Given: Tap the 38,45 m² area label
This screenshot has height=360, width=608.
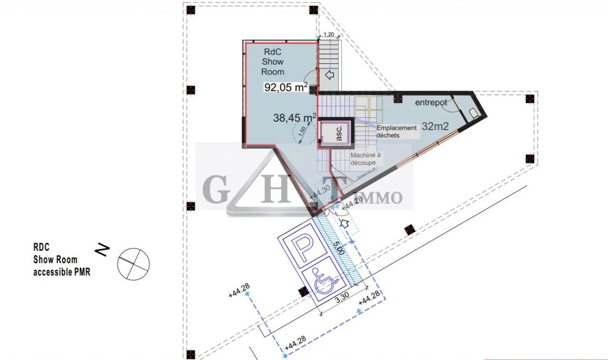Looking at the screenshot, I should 294,118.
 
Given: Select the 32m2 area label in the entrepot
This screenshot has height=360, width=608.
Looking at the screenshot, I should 435,126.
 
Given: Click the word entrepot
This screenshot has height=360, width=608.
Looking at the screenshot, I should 431,103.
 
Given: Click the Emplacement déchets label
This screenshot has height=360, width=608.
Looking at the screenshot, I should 396,132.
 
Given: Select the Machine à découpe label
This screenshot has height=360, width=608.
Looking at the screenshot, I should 366,159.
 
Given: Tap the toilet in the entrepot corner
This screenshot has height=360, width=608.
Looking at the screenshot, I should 473,113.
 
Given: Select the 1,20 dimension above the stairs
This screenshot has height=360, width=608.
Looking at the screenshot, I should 329,34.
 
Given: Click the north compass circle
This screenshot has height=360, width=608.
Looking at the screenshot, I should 134,264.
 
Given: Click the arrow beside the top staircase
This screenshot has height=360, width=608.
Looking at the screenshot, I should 329,75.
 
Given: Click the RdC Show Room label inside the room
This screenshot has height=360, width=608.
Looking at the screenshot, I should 273,61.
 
